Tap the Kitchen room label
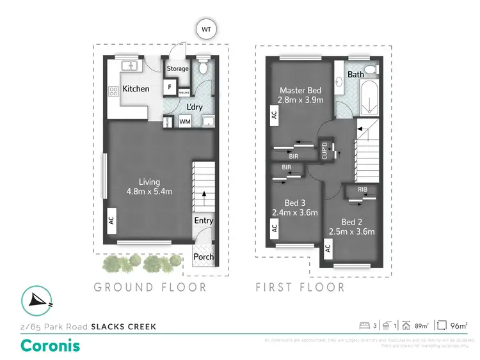coord(136,89)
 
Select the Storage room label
coord(177,68)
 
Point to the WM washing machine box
coord(184,121)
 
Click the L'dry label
coord(194,107)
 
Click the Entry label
coord(204,221)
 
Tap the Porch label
coord(204,257)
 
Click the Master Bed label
coord(300,90)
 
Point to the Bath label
coord(356,74)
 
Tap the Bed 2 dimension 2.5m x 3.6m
coord(351,231)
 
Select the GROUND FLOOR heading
coord(150,287)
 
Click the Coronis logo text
coord(51,345)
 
